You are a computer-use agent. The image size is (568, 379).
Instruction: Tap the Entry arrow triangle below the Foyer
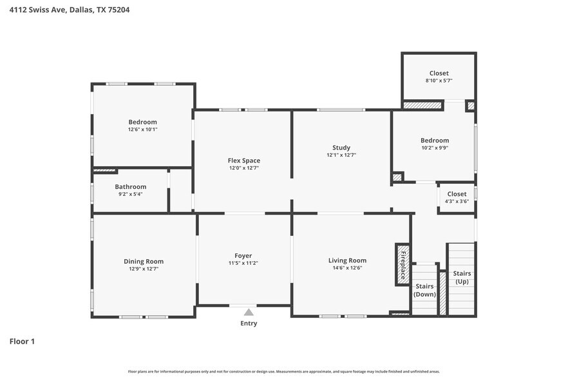click(249, 313)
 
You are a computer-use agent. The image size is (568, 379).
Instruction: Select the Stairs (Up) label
click(462, 278)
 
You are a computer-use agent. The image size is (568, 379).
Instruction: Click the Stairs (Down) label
click(424, 290)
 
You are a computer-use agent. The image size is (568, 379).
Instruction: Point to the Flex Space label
click(243, 160)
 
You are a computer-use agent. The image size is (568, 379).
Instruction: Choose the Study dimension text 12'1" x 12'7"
click(341, 155)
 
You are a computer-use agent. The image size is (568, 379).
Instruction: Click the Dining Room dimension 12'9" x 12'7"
click(143, 268)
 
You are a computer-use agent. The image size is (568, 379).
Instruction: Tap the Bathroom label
click(131, 187)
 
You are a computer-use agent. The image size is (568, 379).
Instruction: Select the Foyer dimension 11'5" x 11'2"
click(243, 263)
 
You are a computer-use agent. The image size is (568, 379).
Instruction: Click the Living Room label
click(347, 260)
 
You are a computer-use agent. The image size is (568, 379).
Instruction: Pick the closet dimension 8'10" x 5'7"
click(439, 81)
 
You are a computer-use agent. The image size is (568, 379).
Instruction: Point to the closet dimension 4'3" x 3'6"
click(456, 201)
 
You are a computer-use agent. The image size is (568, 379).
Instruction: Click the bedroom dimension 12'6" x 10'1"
click(142, 129)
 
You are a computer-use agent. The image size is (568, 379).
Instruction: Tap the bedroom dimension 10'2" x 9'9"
click(435, 148)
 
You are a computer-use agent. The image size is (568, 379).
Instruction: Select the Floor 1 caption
click(22, 341)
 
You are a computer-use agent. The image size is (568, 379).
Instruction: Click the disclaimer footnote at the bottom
click(283, 371)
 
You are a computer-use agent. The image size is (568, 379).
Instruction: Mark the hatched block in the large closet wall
click(422, 104)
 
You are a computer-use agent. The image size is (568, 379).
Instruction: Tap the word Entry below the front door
click(249, 324)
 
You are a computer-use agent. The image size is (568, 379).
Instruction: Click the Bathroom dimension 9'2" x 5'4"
click(131, 194)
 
